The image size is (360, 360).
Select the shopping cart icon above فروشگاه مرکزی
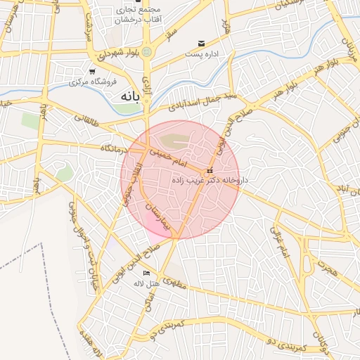(92, 71)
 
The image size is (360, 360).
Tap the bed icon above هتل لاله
(146, 274)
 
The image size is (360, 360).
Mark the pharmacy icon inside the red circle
(210, 172)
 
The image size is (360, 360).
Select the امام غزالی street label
(279, 242)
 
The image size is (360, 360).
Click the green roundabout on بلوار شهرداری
(146, 53)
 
